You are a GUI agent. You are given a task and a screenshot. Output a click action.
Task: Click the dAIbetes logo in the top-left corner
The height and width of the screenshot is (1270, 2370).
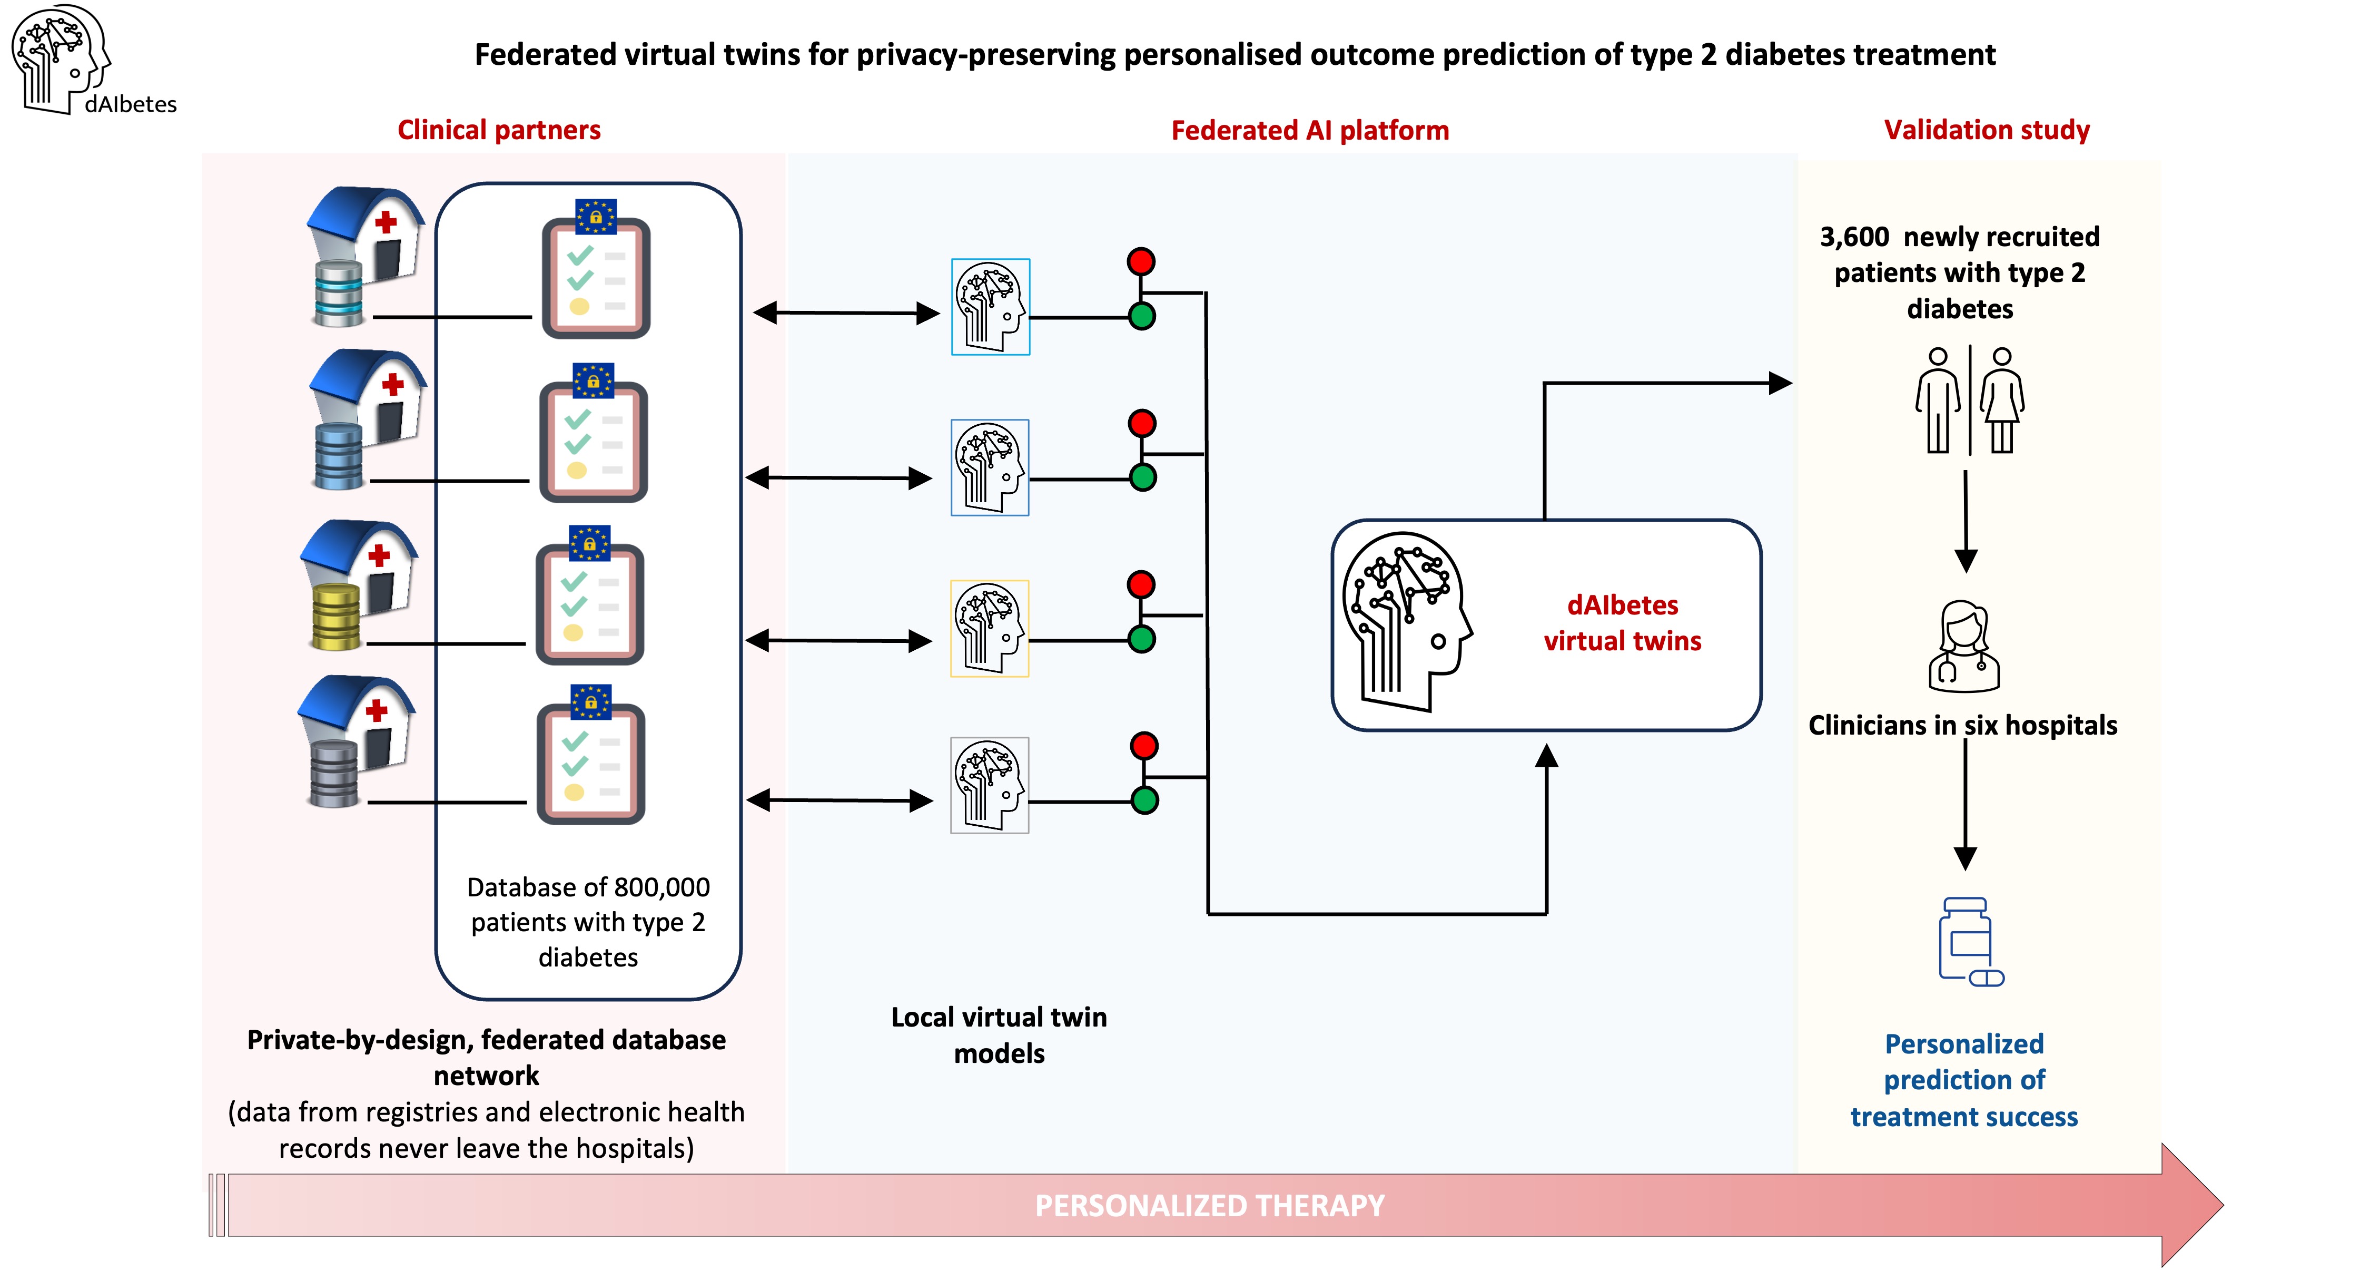pos(92,61)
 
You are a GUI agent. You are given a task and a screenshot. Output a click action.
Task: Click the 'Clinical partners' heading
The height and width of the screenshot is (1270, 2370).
pos(499,130)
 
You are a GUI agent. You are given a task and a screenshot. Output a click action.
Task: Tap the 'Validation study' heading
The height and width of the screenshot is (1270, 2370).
pos(1987,130)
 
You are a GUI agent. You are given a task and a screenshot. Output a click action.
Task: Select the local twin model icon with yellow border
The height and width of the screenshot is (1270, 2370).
pos(989,629)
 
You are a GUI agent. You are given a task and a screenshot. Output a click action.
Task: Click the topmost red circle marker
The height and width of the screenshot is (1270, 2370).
pos(1141,261)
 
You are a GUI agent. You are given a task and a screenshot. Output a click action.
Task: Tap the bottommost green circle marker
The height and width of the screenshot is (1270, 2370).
pos(1144,800)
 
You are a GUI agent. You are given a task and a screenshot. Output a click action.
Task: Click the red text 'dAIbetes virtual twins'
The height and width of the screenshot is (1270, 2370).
pos(1623,623)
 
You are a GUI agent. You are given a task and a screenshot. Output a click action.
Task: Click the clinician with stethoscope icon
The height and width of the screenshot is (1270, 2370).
pos(1964,646)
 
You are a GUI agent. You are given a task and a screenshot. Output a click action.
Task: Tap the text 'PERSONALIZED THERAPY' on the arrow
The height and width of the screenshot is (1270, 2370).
pos(1210,1206)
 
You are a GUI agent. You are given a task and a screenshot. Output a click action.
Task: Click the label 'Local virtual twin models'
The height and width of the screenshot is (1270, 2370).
pos(999,1035)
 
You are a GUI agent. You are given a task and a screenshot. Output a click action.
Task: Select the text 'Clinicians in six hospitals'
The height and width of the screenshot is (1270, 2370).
pos(1962,725)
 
